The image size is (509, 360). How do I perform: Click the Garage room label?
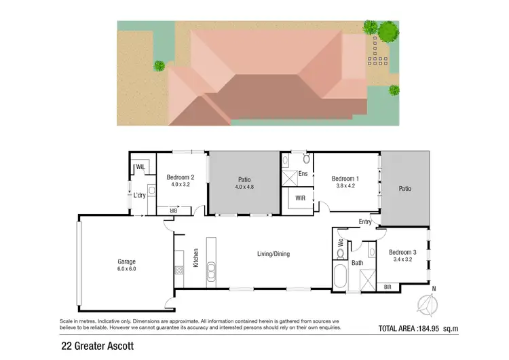pos(126,262)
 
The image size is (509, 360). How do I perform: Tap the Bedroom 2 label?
pos(180,177)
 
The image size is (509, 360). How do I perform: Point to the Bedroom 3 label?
pos(403,251)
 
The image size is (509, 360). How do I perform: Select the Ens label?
pos(303,173)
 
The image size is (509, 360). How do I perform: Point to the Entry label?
pos(366,222)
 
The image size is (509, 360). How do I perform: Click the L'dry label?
pos(140,196)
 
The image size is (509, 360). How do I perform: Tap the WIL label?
pos(141,166)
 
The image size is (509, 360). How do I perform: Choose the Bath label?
pos(357,263)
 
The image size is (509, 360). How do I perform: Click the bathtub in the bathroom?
pos(339,278)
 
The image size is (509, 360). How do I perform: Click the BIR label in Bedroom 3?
pos(388,286)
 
